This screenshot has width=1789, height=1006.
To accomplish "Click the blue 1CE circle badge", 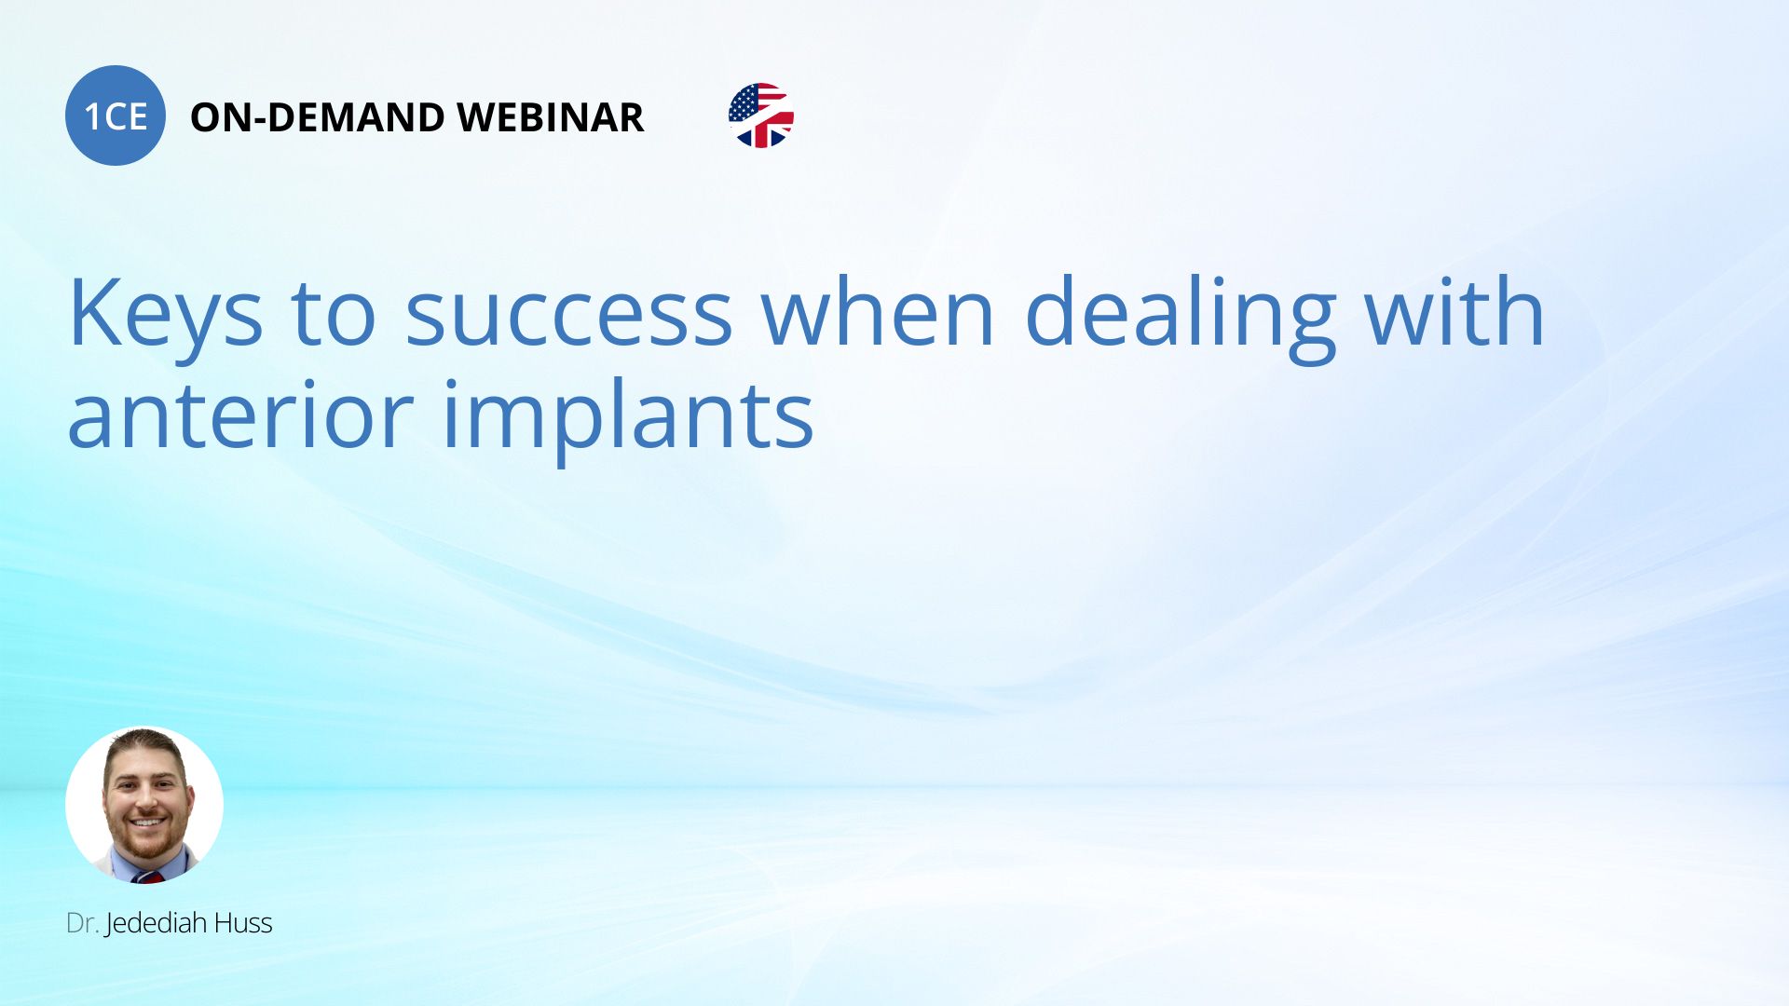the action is [116, 116].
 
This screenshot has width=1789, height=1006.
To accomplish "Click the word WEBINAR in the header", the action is [550, 117].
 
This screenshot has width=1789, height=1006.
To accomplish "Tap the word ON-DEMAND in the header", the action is [317, 117].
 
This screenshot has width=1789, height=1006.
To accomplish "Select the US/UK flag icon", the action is [761, 116].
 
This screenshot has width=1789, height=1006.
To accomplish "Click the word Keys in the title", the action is [166, 313].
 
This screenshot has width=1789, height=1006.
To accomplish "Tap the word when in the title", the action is [879, 313].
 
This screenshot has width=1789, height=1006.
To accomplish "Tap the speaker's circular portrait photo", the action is [144, 805].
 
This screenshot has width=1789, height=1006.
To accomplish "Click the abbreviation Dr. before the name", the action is [82, 923].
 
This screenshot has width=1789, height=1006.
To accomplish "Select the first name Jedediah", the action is [157, 924].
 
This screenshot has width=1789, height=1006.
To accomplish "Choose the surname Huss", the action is [243, 923].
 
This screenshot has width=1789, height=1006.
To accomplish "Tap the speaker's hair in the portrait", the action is [145, 746].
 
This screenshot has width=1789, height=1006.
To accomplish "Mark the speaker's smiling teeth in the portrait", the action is [148, 822].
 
